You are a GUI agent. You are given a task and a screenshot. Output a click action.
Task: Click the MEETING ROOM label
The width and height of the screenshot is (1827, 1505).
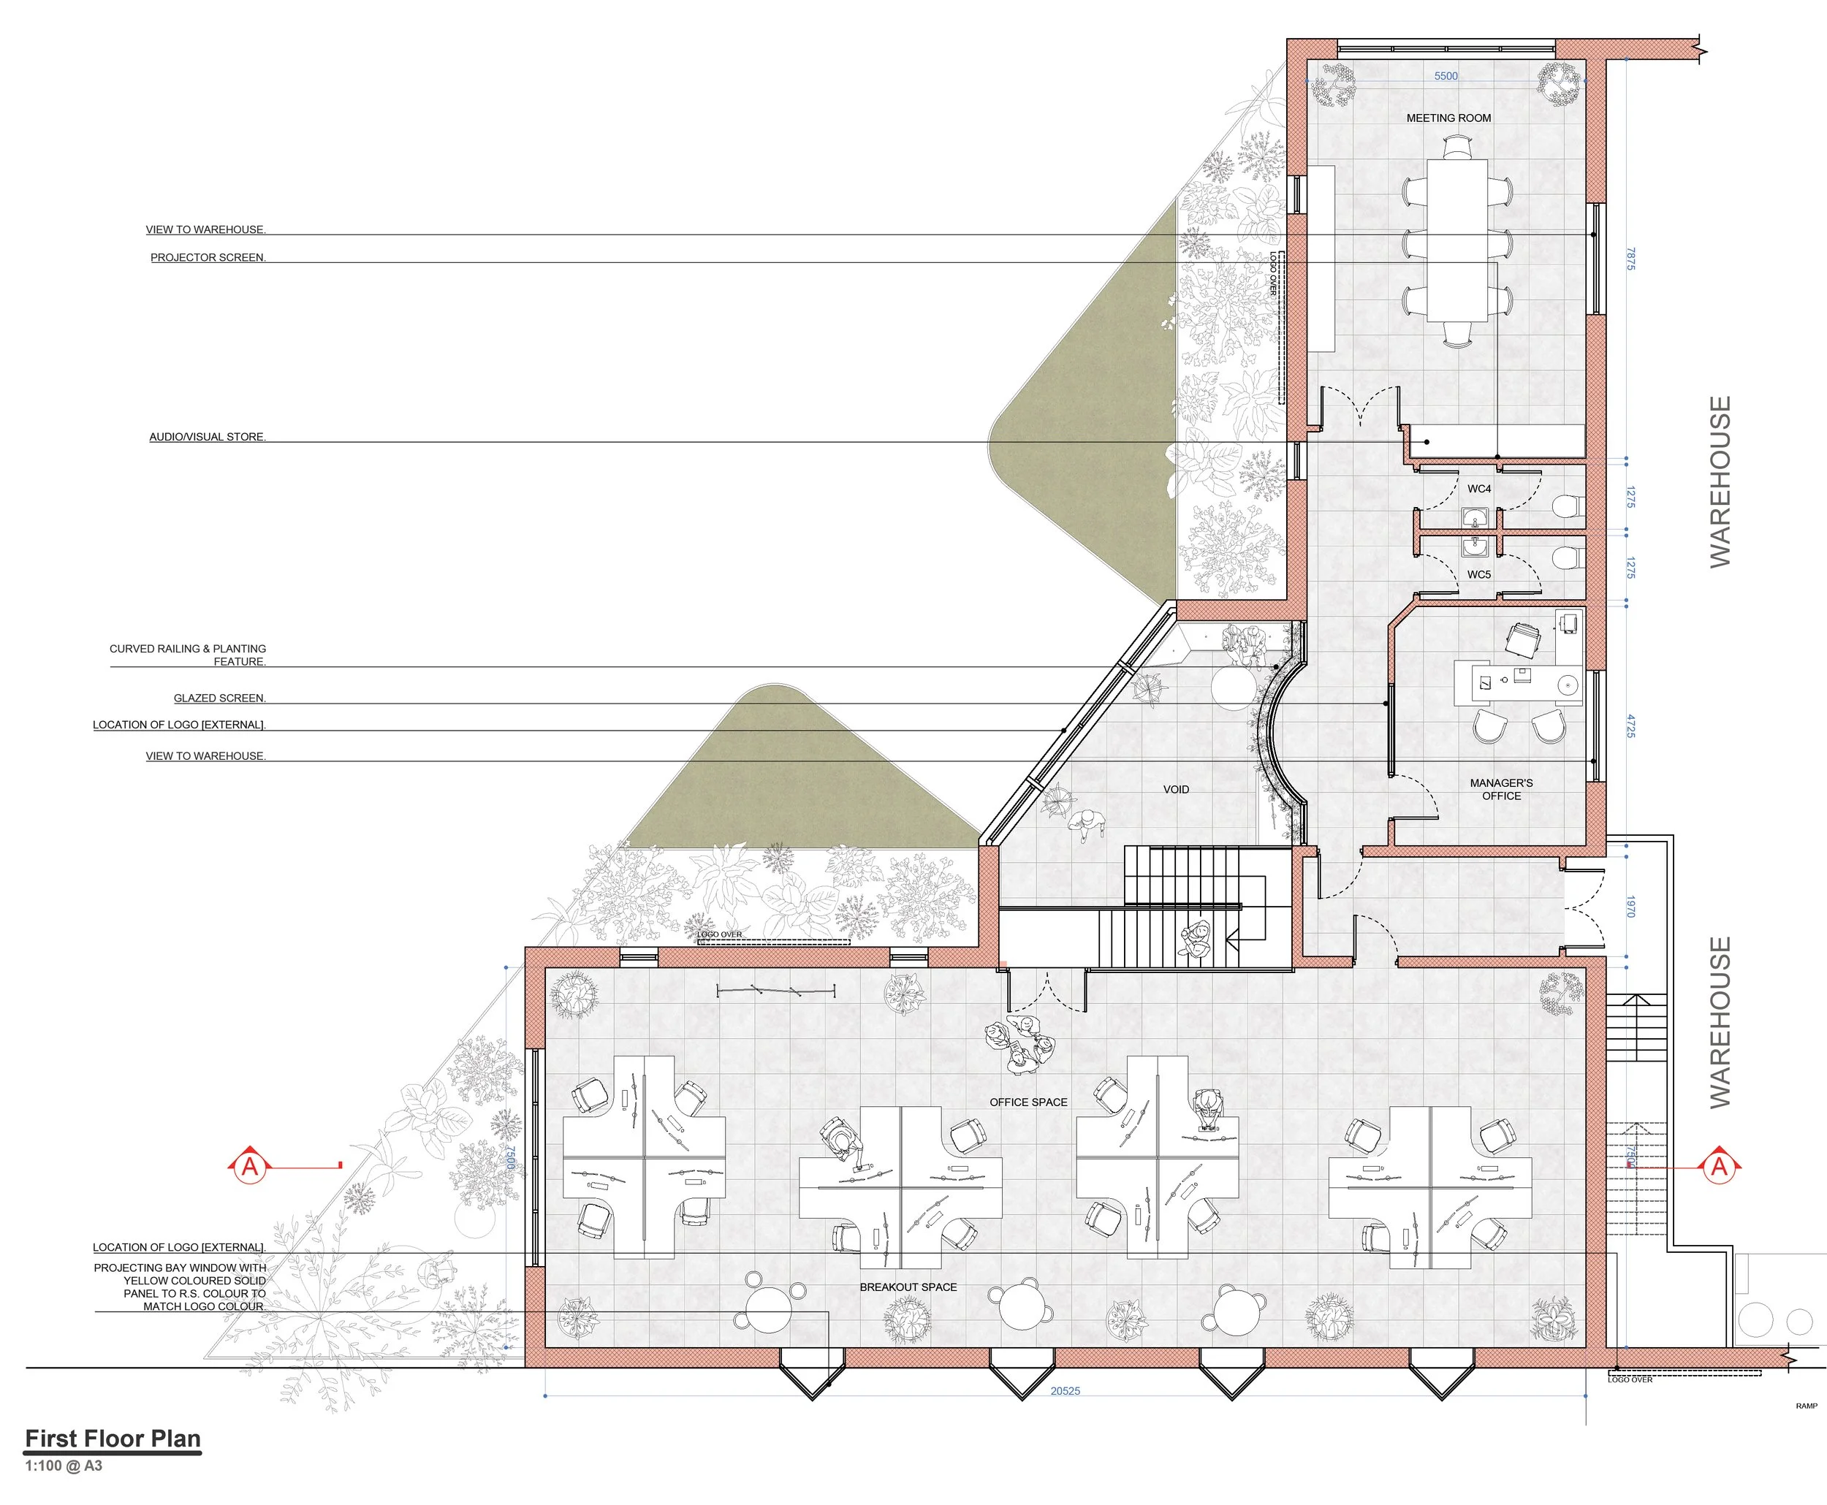pos(1448,118)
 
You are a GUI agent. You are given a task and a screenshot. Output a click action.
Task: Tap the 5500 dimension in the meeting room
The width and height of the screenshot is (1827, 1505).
pos(1446,76)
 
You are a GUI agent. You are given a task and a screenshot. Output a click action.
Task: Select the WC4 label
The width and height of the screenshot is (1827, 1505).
pos(1478,489)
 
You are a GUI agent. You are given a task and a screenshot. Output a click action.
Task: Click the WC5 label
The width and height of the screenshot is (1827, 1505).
pos(1478,575)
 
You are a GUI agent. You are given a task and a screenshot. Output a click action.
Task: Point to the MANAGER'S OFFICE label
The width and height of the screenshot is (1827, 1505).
pos(1501,789)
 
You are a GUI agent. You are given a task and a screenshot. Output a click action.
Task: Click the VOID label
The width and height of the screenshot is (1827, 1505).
pos(1176,789)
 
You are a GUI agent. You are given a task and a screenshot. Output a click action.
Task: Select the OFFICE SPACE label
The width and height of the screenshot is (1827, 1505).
pos(1028,1102)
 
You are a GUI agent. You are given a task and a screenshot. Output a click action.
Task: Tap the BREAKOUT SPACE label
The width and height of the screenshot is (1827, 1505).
pos(908,1287)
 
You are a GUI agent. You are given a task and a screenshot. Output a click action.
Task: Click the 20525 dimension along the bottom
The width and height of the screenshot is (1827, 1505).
pos(1065,1390)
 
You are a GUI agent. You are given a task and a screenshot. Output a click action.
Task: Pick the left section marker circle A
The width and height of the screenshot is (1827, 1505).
pos(250,1166)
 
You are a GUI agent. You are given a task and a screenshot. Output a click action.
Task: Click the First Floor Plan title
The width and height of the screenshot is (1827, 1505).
pos(113,1439)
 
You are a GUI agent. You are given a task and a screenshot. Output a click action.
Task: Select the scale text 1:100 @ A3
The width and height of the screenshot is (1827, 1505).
pos(64,1465)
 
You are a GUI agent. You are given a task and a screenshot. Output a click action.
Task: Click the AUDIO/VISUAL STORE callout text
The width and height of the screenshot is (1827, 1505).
pos(208,437)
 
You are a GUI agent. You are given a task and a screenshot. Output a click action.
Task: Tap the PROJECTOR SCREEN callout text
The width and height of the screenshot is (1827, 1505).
pos(208,257)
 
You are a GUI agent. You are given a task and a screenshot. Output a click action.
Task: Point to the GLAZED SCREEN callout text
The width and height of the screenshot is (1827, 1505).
pos(219,698)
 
